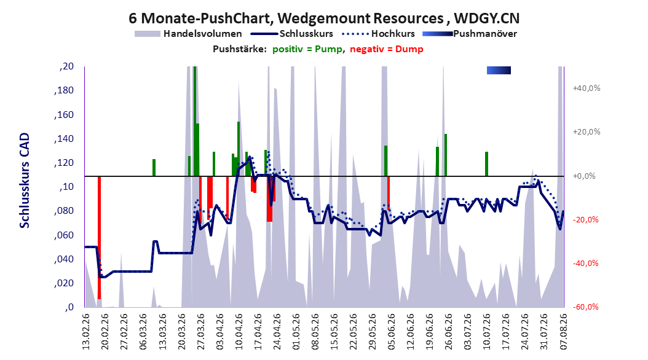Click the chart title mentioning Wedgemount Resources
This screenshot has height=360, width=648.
(x=324, y=18)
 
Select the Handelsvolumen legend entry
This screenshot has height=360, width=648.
(x=188, y=34)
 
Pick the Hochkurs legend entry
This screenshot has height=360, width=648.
(x=378, y=34)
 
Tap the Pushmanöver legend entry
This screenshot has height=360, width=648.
(x=470, y=34)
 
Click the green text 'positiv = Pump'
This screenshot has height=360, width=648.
(x=307, y=49)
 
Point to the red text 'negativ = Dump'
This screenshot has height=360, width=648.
(x=387, y=49)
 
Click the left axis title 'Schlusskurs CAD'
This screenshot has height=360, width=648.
(x=25, y=181)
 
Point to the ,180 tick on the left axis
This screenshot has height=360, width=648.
(x=64, y=90)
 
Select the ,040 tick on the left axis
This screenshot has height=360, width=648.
(x=64, y=259)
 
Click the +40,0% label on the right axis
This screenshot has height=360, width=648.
(x=587, y=88)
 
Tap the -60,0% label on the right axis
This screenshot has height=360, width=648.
(x=585, y=307)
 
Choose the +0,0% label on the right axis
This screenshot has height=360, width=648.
(x=584, y=176)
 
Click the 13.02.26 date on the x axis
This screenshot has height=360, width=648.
(x=86, y=331)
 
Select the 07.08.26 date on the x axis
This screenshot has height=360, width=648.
(x=564, y=331)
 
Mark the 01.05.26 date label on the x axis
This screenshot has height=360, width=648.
(x=296, y=331)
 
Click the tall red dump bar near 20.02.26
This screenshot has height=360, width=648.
(x=99, y=237)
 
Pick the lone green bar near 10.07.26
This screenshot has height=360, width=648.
(x=486, y=164)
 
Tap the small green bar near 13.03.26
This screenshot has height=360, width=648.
(x=154, y=168)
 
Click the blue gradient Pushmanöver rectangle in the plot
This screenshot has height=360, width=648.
(x=499, y=70)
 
